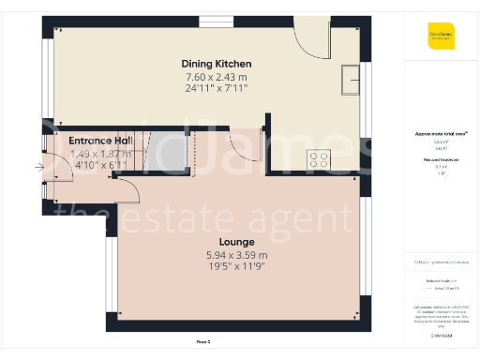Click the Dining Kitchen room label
(217, 64)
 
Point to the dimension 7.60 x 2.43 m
(217, 76)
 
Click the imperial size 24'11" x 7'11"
(217, 88)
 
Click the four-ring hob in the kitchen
(319, 160)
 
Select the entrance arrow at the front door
(38, 168)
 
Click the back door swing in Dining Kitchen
(308, 37)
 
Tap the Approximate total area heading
(440, 134)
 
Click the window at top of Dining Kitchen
(224, 21)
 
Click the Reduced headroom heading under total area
(440, 161)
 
